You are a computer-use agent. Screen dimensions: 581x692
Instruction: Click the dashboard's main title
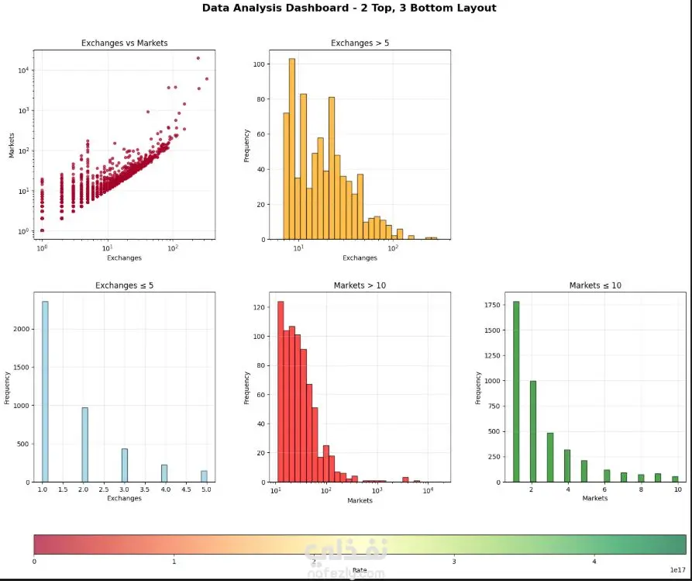pyautogui.click(x=349, y=9)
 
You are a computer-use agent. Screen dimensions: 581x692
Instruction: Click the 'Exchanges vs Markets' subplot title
pyautogui.click(x=124, y=43)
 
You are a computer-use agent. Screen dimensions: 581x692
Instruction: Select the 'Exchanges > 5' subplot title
pyautogui.click(x=360, y=43)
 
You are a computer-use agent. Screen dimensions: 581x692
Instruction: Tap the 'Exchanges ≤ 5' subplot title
pyautogui.click(x=124, y=285)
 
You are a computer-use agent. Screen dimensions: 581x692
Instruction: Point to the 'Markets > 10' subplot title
pyautogui.click(x=360, y=285)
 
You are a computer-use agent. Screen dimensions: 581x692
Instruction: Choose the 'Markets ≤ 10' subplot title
pyautogui.click(x=595, y=285)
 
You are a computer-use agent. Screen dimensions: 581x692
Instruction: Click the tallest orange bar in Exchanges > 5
pyautogui.click(x=292, y=147)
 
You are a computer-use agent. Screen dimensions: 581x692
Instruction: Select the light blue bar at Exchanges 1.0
pyautogui.click(x=45, y=392)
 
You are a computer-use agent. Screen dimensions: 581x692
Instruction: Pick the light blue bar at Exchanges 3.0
pyautogui.click(x=125, y=465)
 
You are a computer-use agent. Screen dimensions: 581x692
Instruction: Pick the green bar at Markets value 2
pyautogui.click(x=533, y=431)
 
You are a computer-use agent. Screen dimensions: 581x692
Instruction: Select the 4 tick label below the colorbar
pyautogui.click(x=594, y=562)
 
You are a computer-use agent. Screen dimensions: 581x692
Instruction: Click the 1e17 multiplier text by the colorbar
pyautogui.click(x=677, y=570)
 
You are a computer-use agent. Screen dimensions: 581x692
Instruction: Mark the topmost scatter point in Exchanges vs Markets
pyautogui.click(x=198, y=58)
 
